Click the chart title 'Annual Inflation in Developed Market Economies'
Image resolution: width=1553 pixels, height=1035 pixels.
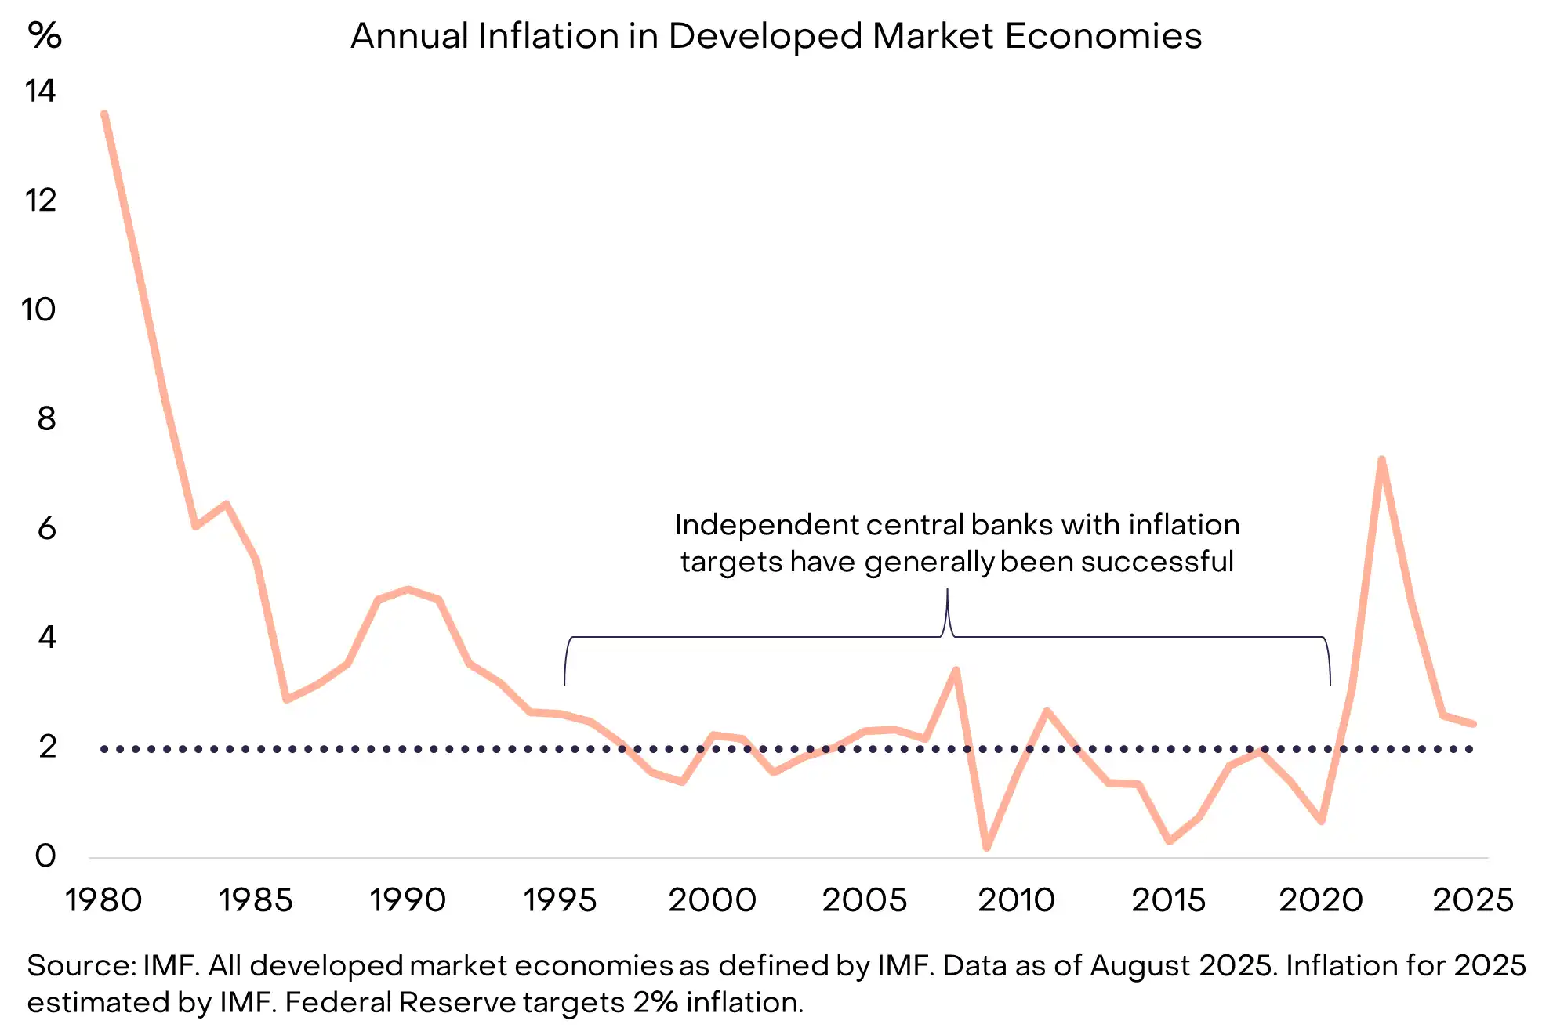pyautogui.click(x=776, y=36)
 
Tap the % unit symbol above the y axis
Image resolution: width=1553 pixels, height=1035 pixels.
pyautogui.click(x=45, y=35)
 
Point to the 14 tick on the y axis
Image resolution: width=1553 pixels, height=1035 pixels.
pyautogui.click(x=40, y=91)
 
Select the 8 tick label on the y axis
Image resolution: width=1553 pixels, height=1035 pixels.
pyautogui.click(x=46, y=418)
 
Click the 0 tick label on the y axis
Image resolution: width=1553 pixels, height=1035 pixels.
pyautogui.click(x=45, y=855)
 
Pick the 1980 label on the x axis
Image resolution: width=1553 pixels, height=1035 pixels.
pyautogui.click(x=103, y=899)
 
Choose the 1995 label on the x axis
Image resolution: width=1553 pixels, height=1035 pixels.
pyautogui.click(x=560, y=899)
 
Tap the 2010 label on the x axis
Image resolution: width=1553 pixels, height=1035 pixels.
pyautogui.click(x=1016, y=899)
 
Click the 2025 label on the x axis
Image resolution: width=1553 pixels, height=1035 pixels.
pyautogui.click(x=1473, y=899)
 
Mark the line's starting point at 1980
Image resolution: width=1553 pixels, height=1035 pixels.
pyautogui.click(x=104, y=114)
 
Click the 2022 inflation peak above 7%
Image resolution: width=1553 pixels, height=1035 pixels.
pyautogui.click(x=1381, y=460)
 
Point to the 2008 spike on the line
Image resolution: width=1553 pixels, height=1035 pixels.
pyautogui.click(x=956, y=670)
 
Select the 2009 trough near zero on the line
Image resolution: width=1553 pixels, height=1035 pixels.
pyautogui.click(x=986, y=847)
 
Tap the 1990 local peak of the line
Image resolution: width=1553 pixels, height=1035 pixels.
pyautogui.click(x=408, y=589)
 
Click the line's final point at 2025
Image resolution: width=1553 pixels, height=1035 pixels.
pyautogui.click(x=1473, y=723)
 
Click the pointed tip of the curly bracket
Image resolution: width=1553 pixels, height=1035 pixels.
pyautogui.click(x=947, y=592)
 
